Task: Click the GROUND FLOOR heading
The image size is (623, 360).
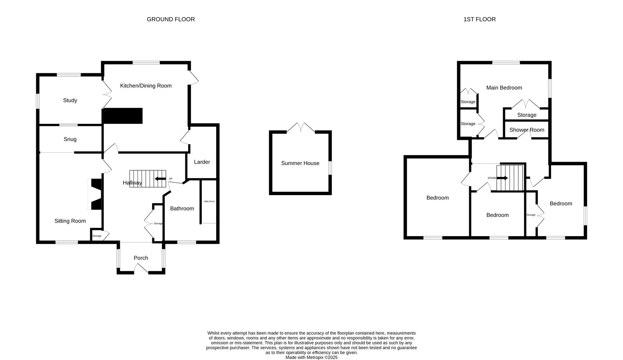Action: [171, 19]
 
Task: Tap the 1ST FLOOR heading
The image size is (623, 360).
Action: [479, 19]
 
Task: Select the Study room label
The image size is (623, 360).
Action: [70, 101]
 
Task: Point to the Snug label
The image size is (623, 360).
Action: [70, 139]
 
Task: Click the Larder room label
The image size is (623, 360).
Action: [202, 162]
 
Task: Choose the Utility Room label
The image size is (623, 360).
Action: [209, 201]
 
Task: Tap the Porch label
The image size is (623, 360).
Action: [141, 258]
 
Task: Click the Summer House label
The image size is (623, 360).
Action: [300, 163]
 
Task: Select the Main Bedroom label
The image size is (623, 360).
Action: [504, 88]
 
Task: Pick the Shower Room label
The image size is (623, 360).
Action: [527, 130]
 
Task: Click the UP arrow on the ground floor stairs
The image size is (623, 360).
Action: [160, 178]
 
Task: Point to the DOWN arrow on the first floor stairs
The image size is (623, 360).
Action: [502, 178]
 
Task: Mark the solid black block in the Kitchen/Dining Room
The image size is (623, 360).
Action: [123, 116]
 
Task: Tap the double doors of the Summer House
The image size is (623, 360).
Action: [301, 127]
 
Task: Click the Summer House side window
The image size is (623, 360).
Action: [330, 168]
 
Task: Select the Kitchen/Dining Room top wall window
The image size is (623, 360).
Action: [146, 63]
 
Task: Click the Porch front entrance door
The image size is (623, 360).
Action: [141, 269]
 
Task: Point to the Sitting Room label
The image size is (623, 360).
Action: [70, 221]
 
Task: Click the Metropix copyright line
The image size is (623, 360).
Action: [311, 358]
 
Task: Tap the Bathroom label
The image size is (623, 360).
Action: [182, 209]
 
